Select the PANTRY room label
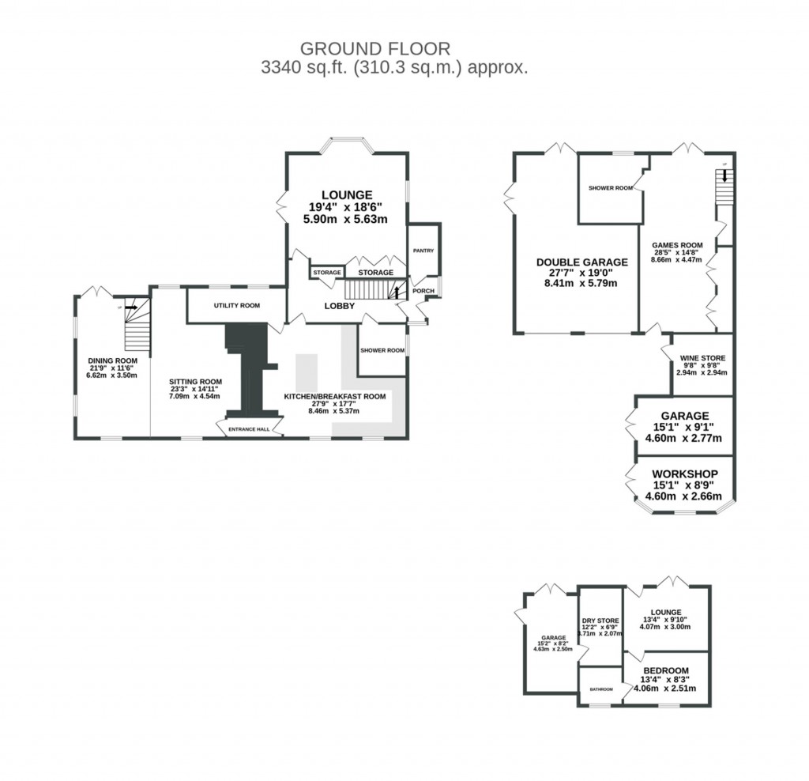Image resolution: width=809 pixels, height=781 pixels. pyautogui.click(x=423, y=251)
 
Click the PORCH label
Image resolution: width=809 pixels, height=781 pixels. pyautogui.click(x=423, y=290)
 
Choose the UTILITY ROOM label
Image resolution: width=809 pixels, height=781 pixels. pyautogui.click(x=236, y=305)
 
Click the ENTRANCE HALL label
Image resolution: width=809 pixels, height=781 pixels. pyautogui.click(x=249, y=430)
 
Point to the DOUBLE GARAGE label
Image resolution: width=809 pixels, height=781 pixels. pyautogui.click(x=581, y=262)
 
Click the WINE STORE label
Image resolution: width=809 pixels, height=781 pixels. pyautogui.click(x=702, y=358)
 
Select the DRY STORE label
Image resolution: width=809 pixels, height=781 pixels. pyautogui.click(x=600, y=621)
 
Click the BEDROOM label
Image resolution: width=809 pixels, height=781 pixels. pyautogui.click(x=665, y=670)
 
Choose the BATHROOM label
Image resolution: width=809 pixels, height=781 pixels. pyautogui.click(x=600, y=689)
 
